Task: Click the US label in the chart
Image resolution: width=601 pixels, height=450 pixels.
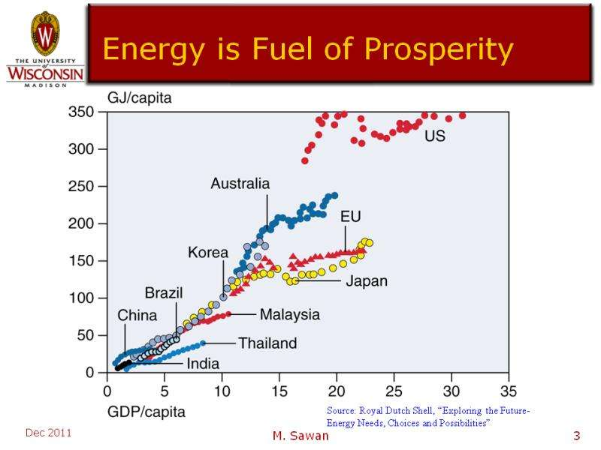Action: tap(435, 137)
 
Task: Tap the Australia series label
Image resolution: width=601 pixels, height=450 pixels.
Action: tap(240, 183)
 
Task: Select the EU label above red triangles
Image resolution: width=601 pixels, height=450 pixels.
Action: tap(351, 217)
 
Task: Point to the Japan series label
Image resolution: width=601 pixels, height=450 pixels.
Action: tap(366, 282)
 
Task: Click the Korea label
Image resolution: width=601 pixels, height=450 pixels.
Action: tap(207, 253)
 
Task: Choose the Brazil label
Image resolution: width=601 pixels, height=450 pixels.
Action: tap(165, 292)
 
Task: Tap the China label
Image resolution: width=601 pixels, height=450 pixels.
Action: tap(137, 315)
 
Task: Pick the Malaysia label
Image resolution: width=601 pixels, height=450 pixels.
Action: tap(289, 314)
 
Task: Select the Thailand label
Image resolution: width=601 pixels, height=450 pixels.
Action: tap(267, 343)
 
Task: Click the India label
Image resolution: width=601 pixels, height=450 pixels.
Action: tap(203, 364)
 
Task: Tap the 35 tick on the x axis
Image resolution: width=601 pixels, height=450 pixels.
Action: tap(509, 391)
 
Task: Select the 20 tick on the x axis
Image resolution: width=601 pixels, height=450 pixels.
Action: tap(337, 391)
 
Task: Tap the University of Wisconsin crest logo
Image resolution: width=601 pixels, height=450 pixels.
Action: tap(44, 34)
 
